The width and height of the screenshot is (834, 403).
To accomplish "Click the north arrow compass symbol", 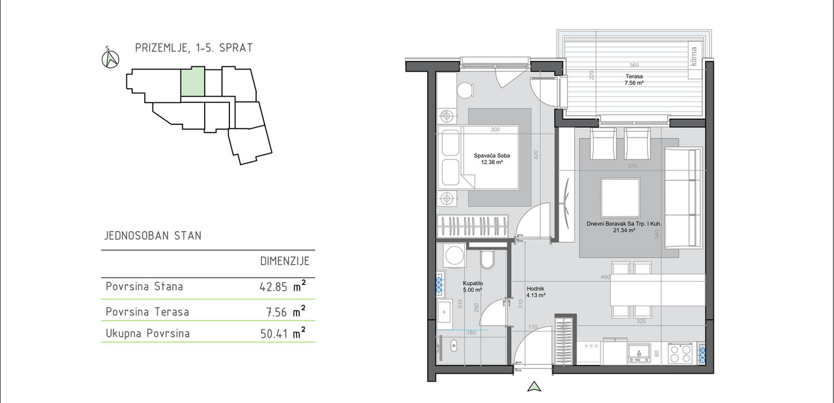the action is [x=110, y=59].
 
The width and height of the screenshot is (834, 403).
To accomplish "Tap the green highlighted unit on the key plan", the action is [x=193, y=82].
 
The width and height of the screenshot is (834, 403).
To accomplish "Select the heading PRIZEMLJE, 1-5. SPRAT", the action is [x=194, y=48].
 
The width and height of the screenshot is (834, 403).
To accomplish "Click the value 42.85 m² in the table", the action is [x=282, y=286].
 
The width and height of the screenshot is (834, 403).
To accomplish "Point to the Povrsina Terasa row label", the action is [x=147, y=311].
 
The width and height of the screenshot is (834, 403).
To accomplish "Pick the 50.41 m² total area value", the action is [x=282, y=333].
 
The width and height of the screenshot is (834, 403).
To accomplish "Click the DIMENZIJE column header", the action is [x=285, y=261].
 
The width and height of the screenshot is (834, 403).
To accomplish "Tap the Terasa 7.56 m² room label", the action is [x=634, y=80].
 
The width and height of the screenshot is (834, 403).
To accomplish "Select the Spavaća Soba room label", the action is [x=492, y=159].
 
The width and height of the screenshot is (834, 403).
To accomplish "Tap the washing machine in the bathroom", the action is [x=454, y=256].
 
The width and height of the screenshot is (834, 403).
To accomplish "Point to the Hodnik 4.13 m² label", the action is [x=536, y=292].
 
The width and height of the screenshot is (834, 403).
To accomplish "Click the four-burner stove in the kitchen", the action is [x=680, y=353].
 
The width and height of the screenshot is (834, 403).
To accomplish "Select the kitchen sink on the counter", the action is [x=639, y=353].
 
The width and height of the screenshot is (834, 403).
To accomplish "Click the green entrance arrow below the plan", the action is [x=534, y=387].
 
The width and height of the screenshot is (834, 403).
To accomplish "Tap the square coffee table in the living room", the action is [x=620, y=198].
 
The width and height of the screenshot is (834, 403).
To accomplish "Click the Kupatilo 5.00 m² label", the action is [x=473, y=287].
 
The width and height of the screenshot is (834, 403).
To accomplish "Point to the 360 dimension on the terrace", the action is [x=634, y=65].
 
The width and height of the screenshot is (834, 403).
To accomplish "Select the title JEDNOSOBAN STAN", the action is [x=153, y=235].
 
